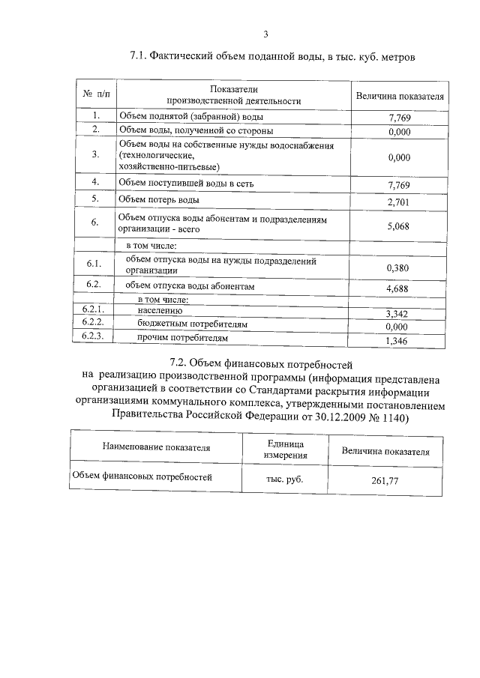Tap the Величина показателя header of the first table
[x=399, y=97]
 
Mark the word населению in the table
[x=160, y=310]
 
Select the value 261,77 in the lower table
[x=384, y=480]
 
